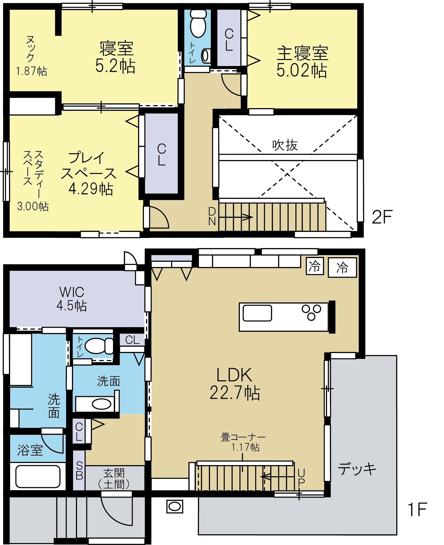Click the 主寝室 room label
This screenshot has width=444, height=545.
tap(302, 53)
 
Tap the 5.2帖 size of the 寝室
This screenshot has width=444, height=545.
tap(115, 66)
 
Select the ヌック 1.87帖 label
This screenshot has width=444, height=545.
tap(31, 56)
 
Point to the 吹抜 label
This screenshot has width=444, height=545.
tap(285, 145)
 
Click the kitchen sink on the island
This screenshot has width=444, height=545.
tap(257, 313)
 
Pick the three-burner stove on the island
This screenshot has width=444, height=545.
tap(311, 312)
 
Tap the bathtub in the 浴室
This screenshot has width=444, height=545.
tap(38, 476)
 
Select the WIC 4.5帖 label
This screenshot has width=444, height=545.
tap(72, 299)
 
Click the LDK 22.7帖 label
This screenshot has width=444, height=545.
tap(235, 384)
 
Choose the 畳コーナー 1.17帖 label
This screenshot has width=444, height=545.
tap(243, 442)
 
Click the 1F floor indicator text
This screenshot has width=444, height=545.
tap(417, 509)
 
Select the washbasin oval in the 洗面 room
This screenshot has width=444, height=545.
tap(102, 404)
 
